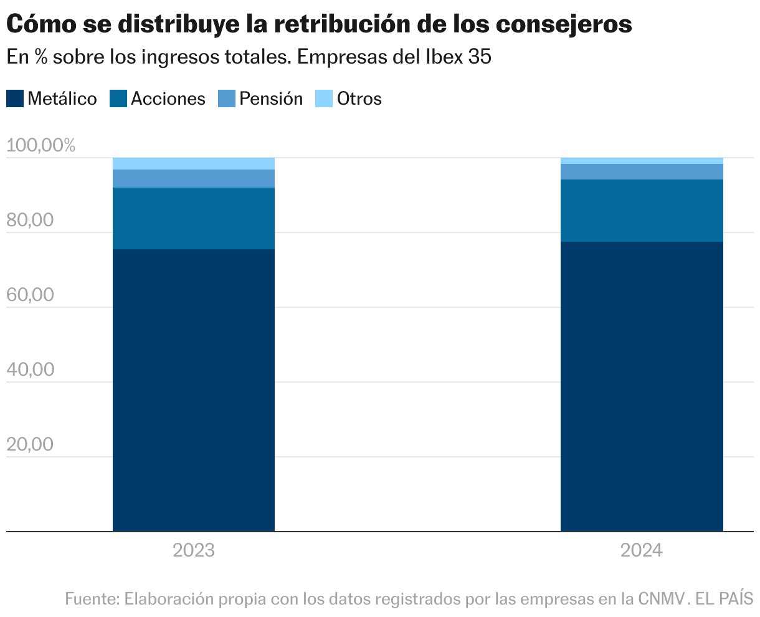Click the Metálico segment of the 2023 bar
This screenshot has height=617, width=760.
coord(194,390)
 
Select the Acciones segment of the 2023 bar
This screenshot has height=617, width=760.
coord(194,218)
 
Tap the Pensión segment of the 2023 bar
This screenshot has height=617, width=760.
coord(194,178)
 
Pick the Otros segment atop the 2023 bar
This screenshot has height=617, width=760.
coord(194,163)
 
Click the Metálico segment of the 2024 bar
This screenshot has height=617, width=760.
coord(642,386)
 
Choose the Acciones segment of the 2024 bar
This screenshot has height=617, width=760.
coord(642,211)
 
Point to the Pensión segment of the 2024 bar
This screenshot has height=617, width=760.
coord(642,171)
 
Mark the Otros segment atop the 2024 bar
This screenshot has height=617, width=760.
coord(642,161)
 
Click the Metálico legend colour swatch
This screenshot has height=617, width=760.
coord(15,98)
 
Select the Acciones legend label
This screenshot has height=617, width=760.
coord(168,98)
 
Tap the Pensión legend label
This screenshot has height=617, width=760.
coord(271,98)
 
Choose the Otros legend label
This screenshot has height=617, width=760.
coord(359,98)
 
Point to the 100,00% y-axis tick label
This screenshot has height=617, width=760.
coord(40,146)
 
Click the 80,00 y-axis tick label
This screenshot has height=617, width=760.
coord(31,221)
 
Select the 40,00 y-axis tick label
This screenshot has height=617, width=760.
coord(31,370)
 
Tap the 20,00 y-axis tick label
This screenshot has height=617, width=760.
coord(31,444)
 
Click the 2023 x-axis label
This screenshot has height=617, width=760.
coord(194,551)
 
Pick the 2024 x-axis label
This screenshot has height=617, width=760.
coord(642,551)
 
